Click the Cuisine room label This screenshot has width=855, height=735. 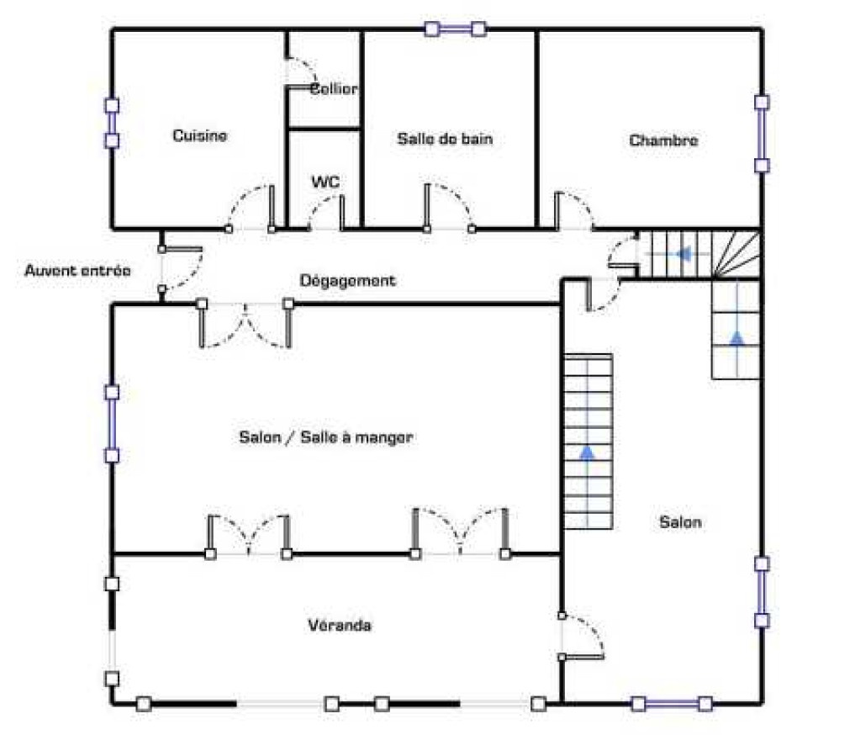coord(199,135)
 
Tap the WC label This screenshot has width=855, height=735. coord(325,181)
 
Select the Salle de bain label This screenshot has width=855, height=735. coord(445,139)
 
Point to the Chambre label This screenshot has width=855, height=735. coord(663,140)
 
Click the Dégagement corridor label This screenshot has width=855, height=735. coord(348,280)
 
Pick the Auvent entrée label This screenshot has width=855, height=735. coord(78,271)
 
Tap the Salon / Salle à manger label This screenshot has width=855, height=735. coord(326,436)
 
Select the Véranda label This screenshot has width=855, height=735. coord(340,625)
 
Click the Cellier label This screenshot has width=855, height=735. coord(334,89)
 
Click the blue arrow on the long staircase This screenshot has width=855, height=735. coord(587,452)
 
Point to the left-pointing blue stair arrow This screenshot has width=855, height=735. coord(683,253)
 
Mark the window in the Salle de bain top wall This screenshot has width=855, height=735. coord(455,29)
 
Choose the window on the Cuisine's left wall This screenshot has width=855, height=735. coord(112,123)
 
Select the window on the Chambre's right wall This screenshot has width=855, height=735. coord(762,134)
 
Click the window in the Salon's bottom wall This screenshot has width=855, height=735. coord(671,704)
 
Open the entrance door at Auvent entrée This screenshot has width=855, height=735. coord(182,268)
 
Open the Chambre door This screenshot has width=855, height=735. coord(575,211)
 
